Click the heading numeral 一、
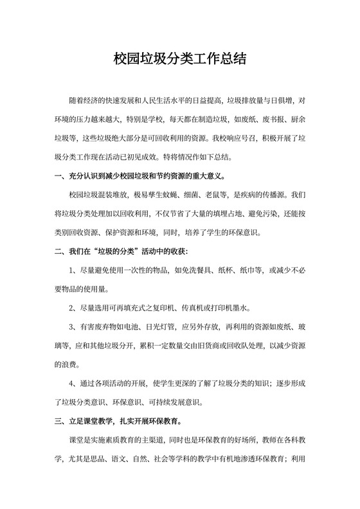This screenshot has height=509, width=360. coord(60,175)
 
